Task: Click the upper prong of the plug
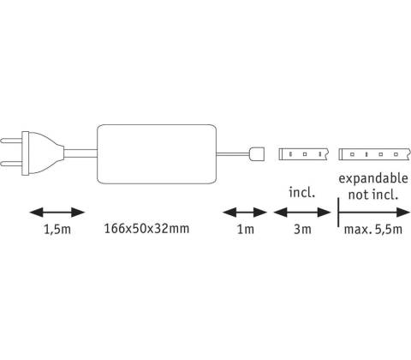coord(11,141)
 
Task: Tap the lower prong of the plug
coord(11,164)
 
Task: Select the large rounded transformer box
coord(157,154)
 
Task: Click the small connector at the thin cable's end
coord(257,154)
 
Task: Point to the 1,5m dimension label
coord(57,229)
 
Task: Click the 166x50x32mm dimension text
coord(146,229)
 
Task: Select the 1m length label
coord(246,229)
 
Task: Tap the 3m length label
coord(302,229)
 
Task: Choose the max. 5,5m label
coord(373,229)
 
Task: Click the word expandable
coord(373,178)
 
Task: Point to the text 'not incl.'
coord(373,195)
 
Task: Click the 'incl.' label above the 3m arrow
coord(302,192)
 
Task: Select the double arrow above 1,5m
coord(57,213)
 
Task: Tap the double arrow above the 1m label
coord(245,213)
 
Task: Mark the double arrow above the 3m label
coord(302,213)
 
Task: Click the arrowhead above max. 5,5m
coord(403,213)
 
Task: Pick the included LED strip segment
coord(303,154)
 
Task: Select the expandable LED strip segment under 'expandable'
coord(374,154)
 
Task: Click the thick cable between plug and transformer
coord(80,153)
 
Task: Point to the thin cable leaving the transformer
coord(233,154)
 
